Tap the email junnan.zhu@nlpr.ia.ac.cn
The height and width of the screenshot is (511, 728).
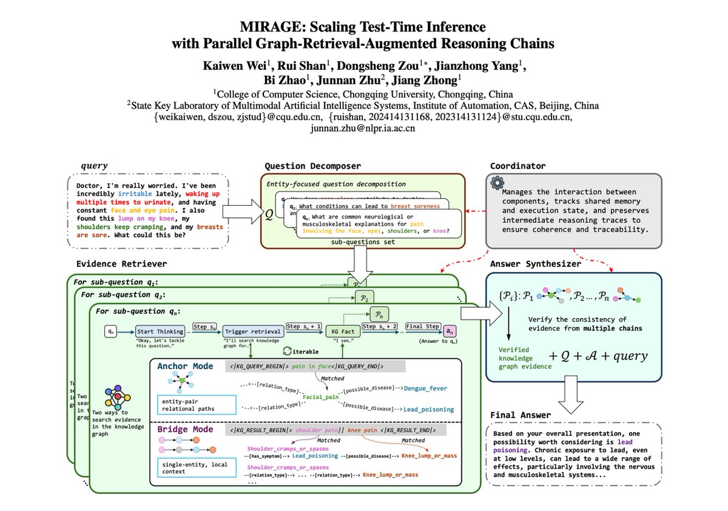pyautogui.click(x=363, y=129)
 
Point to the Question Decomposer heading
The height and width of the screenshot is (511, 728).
pyautogui.click(x=312, y=166)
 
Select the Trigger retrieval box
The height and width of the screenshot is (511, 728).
pyautogui.click(x=252, y=331)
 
